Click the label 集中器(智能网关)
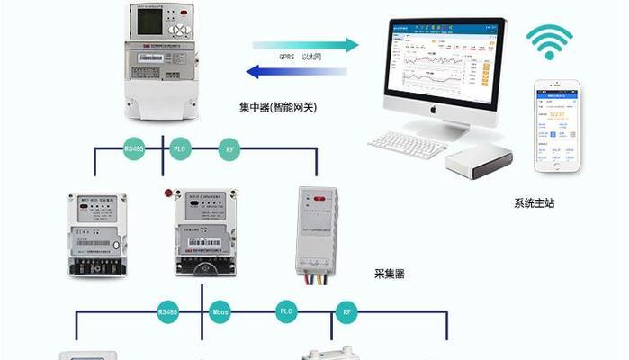click(278, 108)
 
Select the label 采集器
click(390, 273)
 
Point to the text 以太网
click(311, 57)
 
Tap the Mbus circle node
click(220, 312)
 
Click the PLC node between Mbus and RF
click(286, 312)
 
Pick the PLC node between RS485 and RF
click(178, 148)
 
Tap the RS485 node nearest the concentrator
click(133, 148)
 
